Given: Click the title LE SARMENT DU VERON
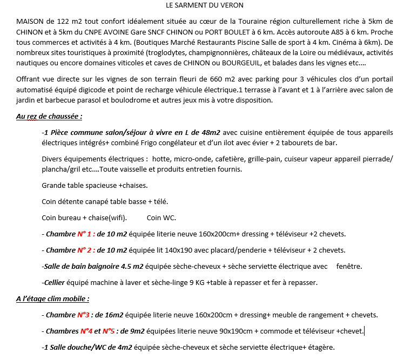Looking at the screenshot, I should [x=205, y=5].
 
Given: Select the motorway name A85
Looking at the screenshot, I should [x=315, y=32].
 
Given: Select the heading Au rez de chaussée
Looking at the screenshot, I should [x=49, y=116].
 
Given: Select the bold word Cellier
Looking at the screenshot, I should [x=57, y=282].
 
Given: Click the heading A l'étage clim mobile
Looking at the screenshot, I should [x=52, y=298].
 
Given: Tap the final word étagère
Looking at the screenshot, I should [x=322, y=347].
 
